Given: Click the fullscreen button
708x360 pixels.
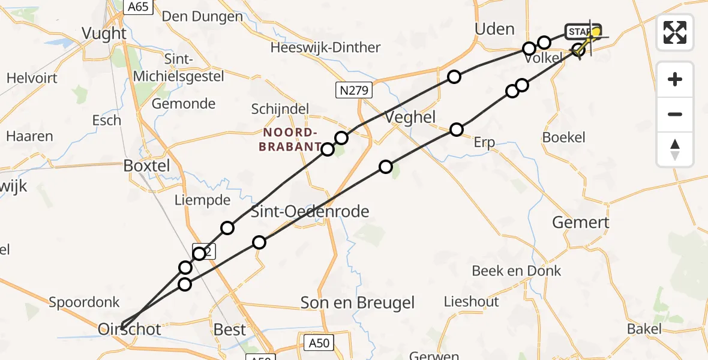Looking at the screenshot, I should (675, 32).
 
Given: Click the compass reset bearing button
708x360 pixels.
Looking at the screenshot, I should (675, 149).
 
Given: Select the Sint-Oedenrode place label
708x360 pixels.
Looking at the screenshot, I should (310, 211).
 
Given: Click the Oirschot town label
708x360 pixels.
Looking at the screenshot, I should (130, 329).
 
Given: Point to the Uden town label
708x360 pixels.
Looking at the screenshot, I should (494, 29).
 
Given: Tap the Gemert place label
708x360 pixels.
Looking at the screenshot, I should (580, 222).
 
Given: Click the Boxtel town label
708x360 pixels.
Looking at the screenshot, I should (147, 166).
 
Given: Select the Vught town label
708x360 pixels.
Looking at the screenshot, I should (104, 34).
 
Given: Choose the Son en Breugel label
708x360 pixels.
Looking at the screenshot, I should (358, 303).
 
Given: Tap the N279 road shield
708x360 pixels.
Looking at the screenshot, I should (354, 91).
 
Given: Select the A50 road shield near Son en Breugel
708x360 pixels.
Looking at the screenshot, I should (319, 343).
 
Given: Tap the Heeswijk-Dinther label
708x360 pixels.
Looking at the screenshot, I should (325, 47).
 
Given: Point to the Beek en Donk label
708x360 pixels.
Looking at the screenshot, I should (517, 271).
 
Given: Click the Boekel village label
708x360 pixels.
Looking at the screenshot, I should (563, 137).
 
